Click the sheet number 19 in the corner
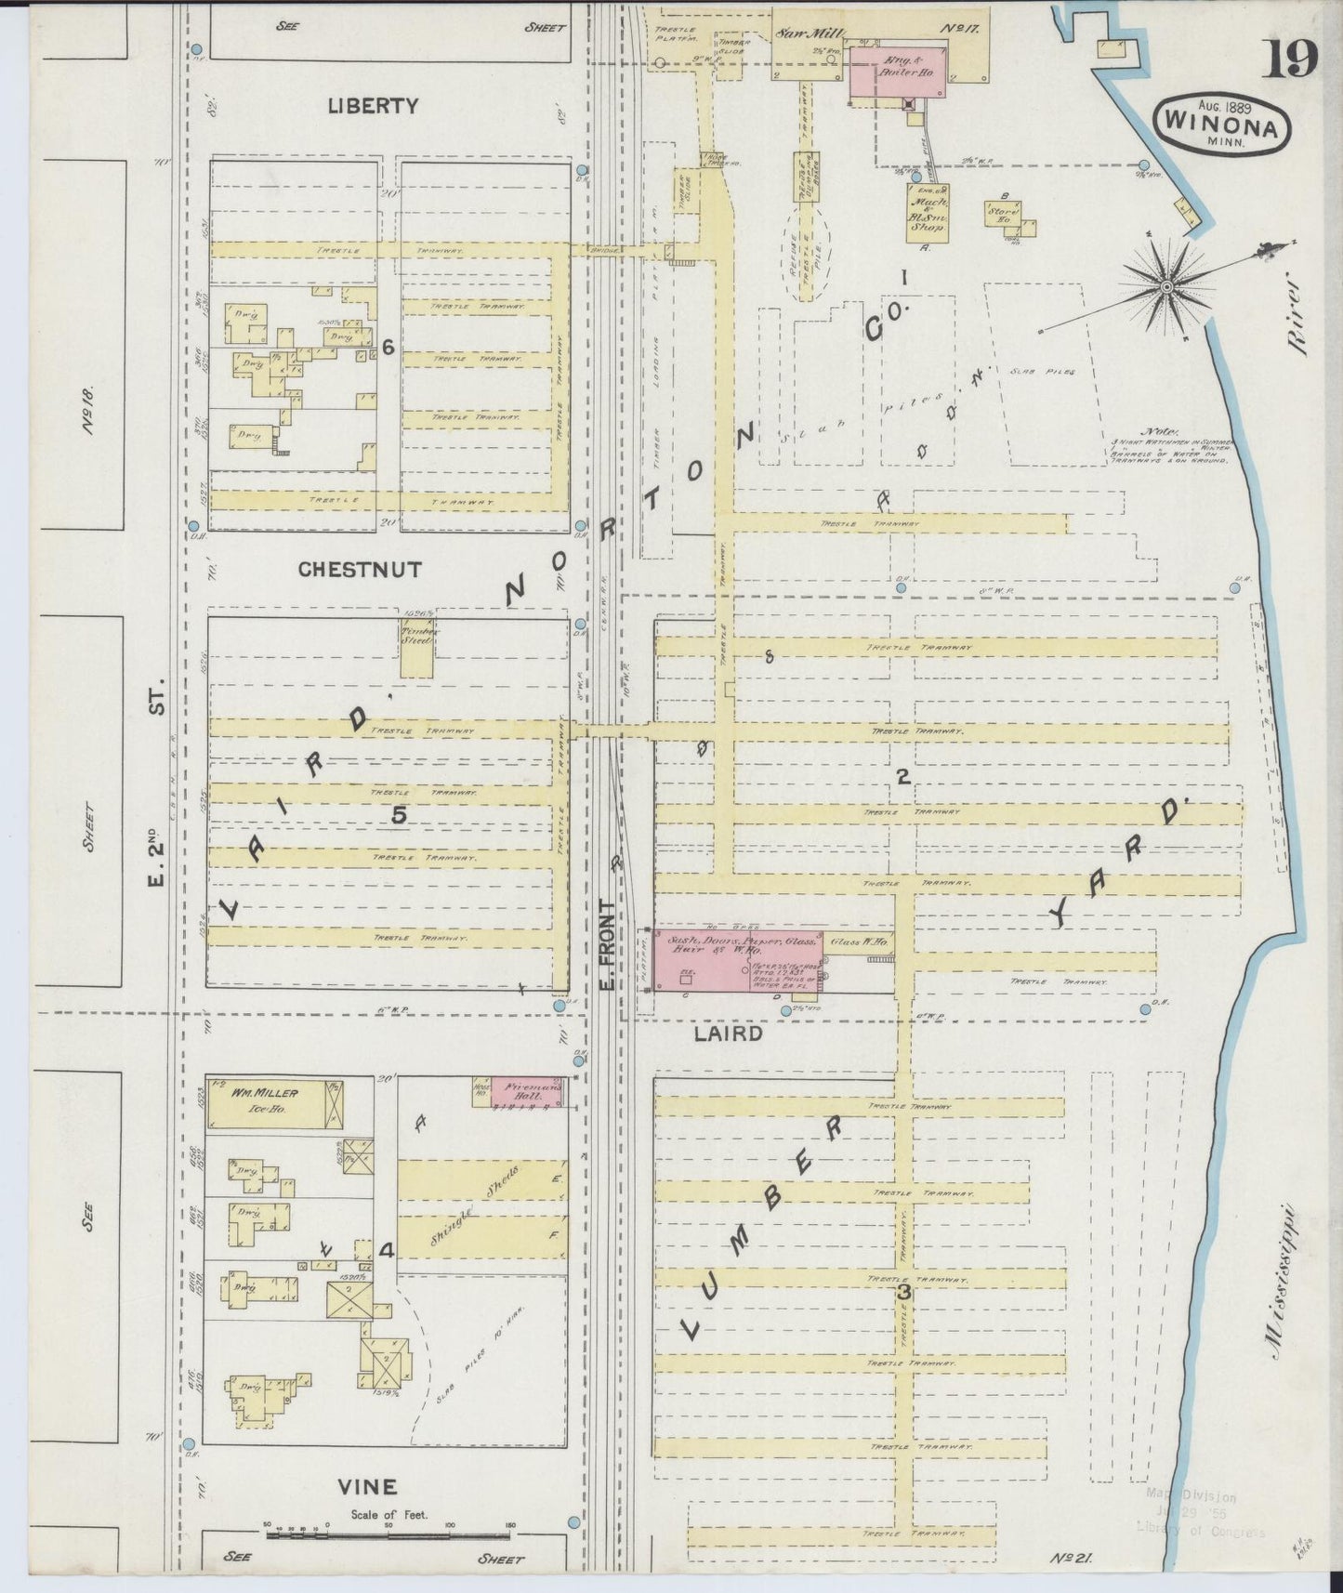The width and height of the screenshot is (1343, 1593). click(1291, 59)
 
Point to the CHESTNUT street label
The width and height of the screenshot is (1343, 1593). click(360, 570)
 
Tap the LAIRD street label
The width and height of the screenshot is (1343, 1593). click(728, 1033)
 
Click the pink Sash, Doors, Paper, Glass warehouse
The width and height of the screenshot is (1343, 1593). click(739, 957)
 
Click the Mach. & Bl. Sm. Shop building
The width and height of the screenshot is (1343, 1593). click(928, 213)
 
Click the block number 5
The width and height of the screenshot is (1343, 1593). click(399, 815)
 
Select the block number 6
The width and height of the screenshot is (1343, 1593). click(388, 347)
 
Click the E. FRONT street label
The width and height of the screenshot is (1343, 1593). click(607, 943)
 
